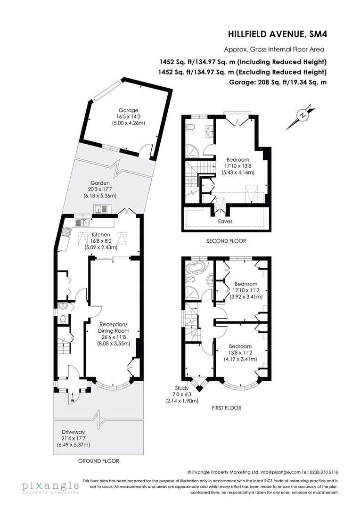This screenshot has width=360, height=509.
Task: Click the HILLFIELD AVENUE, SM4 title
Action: pos(277,34)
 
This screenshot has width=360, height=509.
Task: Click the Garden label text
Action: pos(100,183)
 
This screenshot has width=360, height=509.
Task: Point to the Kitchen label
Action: pos(101,234)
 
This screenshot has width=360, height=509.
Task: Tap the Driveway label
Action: pos(74,432)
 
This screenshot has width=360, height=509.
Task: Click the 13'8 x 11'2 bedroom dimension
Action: pos(240,353)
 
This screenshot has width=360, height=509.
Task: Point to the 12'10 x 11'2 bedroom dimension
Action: pos(246,290)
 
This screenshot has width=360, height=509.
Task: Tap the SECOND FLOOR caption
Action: pos(227,241)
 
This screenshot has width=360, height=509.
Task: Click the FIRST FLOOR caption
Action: pos(227,408)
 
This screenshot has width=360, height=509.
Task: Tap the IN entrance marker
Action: pos(73,401)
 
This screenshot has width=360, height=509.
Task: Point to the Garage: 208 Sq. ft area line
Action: pos(275,82)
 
